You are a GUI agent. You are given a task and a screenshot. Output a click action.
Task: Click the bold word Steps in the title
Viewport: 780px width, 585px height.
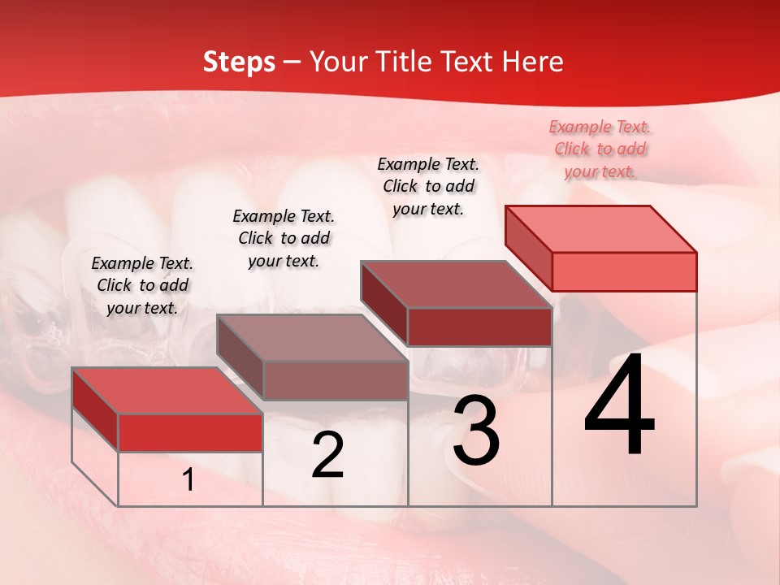[x=239, y=62]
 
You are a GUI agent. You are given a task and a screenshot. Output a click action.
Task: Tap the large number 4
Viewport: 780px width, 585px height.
[x=619, y=405]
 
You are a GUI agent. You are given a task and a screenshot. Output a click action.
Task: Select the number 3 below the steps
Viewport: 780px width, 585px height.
[x=476, y=431]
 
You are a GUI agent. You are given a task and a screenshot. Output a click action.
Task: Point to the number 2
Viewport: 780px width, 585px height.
[x=327, y=455]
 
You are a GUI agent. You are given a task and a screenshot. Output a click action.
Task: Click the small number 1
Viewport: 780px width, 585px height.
[x=188, y=480]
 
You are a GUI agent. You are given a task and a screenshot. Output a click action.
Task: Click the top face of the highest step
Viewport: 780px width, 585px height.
[x=600, y=228]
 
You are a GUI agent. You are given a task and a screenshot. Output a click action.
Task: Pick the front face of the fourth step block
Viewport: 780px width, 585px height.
[x=624, y=271]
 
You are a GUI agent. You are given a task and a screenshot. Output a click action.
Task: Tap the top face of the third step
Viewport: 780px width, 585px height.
[x=455, y=284]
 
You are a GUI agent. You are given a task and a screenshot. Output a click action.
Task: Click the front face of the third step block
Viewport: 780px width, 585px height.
[x=479, y=327]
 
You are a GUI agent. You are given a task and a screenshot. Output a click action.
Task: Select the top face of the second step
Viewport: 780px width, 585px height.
[x=311, y=338]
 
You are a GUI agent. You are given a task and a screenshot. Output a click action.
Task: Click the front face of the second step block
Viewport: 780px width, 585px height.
[x=336, y=380]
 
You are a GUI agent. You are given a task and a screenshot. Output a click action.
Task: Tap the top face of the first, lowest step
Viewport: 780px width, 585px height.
[x=167, y=391]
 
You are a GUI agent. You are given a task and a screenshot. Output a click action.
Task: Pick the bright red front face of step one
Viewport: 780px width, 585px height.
[x=190, y=432]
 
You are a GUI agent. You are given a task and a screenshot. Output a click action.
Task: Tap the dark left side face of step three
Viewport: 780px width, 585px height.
[x=383, y=302]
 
